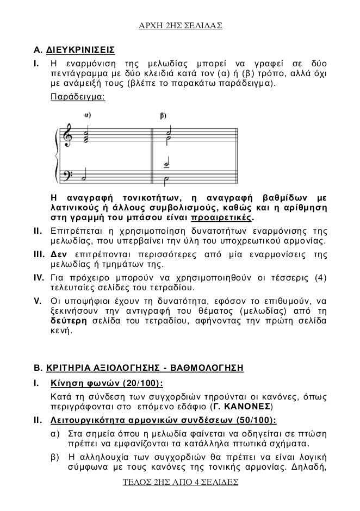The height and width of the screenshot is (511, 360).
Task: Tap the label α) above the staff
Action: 88,115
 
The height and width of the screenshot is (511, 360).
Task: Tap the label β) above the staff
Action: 163,115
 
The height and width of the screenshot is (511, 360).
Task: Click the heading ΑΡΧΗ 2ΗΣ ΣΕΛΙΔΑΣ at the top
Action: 180,26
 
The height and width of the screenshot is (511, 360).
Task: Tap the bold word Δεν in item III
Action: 58,254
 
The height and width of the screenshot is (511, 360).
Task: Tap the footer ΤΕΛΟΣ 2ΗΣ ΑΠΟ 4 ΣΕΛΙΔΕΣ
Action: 180,482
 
